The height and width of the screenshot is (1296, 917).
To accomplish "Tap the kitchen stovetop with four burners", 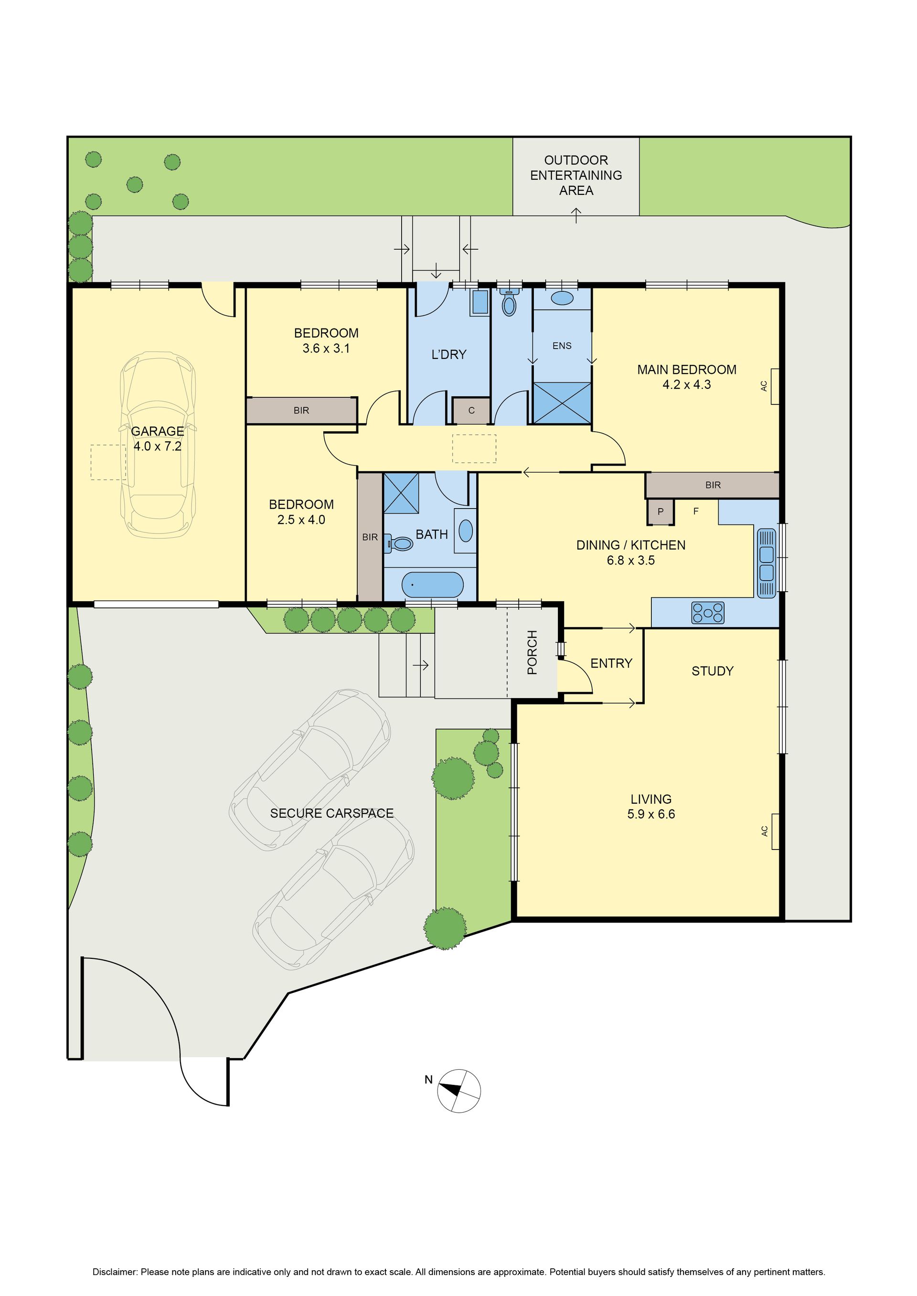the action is tap(707, 613).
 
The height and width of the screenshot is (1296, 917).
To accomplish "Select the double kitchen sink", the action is tap(766, 563).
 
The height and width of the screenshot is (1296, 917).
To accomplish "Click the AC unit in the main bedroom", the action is tap(775, 386).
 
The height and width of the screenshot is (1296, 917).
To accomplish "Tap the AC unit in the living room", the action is tap(775, 831).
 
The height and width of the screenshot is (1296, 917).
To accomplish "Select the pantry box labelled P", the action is tap(660, 512).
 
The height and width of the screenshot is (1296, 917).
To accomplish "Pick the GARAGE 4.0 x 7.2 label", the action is tap(157, 438).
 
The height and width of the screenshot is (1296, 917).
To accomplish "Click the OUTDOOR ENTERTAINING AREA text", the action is tap(576, 176).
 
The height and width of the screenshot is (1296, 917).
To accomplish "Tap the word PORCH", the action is tap(532, 652).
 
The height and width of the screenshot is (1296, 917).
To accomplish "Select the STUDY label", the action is tap(712, 671).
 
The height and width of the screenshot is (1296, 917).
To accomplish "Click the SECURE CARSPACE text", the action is tap(331, 813).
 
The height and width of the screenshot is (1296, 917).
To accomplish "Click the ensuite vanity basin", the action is tap(562, 298).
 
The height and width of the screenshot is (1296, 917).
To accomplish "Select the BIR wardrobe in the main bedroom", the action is tap(713, 485).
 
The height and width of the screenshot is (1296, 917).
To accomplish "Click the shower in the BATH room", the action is tap(401, 493).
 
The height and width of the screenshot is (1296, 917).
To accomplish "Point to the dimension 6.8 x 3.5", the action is tap(631, 561).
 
